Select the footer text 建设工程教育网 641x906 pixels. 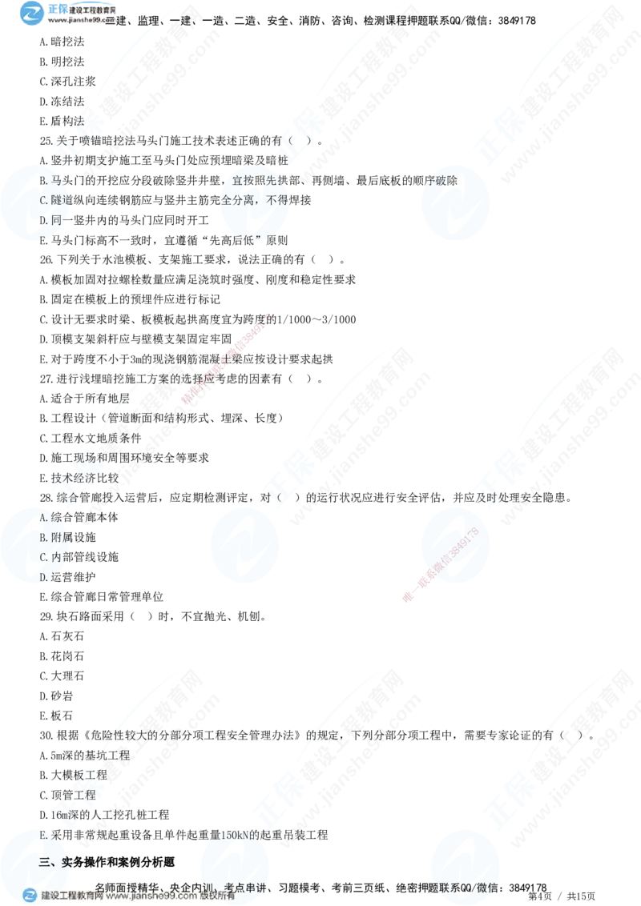coord(72,896)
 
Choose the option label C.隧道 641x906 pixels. coord(54,200)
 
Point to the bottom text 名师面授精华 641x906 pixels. coord(128,886)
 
